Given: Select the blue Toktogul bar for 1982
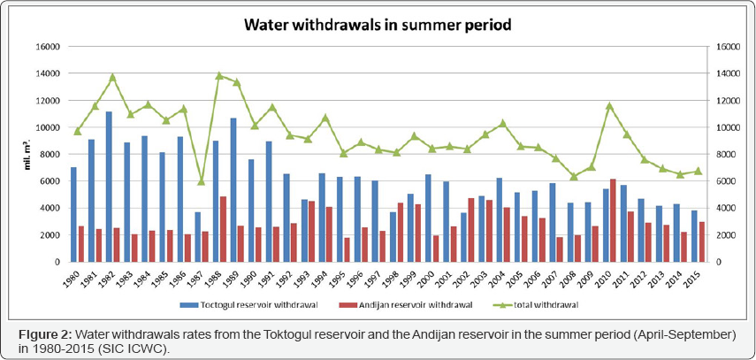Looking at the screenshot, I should pos(110,187).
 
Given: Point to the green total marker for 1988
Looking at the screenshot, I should pos(219,75).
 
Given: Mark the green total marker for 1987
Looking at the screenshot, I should pos(202,181).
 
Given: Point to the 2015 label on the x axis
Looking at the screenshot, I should pos(699,276).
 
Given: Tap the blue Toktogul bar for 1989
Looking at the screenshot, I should pos(234,189).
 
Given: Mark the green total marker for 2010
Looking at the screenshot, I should pos(610,106).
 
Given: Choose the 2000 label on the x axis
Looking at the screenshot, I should pos(431,276).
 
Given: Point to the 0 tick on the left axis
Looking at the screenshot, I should pos(55,262).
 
